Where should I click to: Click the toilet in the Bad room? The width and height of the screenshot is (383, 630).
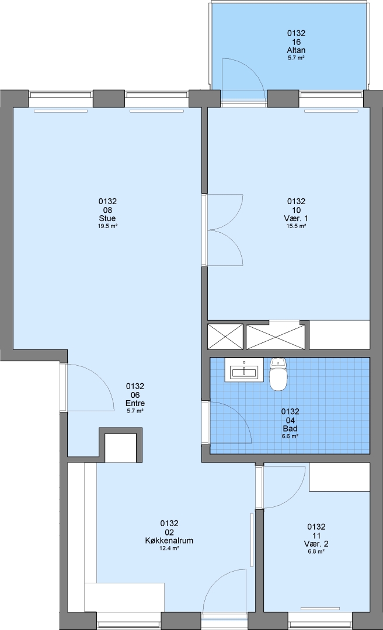point(278,374)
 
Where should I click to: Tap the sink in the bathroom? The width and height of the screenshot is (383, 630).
point(244,370)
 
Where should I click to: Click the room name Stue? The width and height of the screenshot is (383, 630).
point(107,219)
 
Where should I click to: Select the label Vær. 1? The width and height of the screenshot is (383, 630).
point(296,219)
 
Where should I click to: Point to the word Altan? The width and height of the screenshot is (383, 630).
point(296,51)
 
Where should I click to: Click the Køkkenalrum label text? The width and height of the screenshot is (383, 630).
point(169,541)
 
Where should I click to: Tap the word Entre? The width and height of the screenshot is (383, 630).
point(135,404)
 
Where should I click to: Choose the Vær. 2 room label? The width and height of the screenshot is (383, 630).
point(316,544)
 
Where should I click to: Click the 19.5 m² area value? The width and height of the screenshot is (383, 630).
point(107,226)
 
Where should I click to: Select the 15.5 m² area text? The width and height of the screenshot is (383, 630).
point(296,226)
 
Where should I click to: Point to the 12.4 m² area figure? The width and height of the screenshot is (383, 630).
point(169,548)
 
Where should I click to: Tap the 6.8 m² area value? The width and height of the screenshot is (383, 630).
point(316,552)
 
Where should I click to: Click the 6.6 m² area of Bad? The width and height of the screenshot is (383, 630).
point(290,436)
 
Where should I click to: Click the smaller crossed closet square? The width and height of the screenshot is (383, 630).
point(225,337)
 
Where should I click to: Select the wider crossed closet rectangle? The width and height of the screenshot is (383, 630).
point(276,337)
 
